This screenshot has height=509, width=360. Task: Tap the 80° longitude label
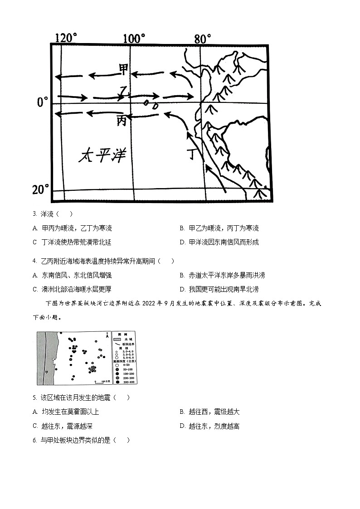202,39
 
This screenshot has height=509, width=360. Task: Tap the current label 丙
122,121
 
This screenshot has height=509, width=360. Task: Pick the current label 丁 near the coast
194,155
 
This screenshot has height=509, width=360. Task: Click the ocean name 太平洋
102,156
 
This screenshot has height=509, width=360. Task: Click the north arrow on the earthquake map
106,336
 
